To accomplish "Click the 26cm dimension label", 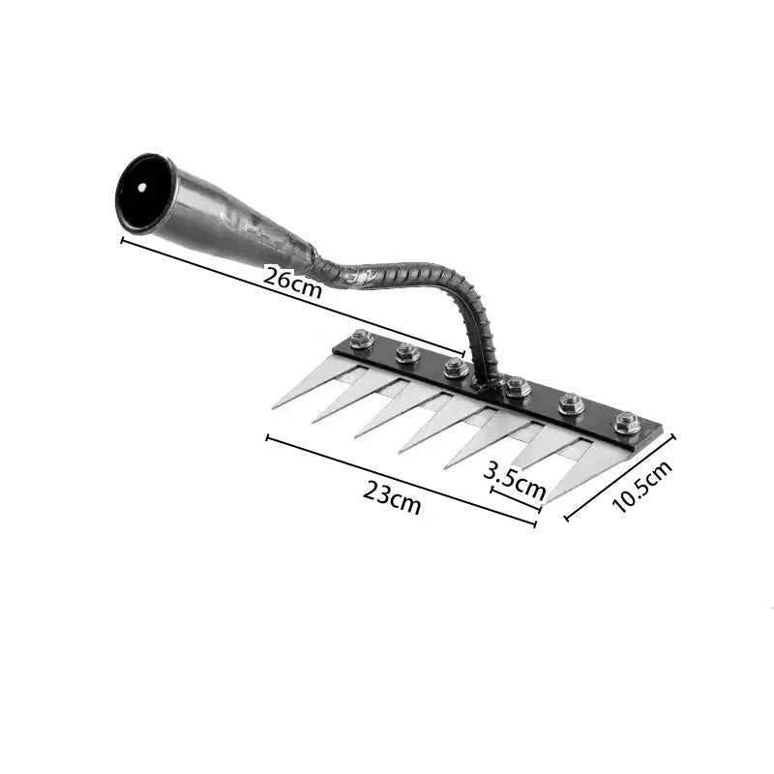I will [x=292, y=282].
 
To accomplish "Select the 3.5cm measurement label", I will [x=514, y=479].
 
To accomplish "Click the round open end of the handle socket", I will [x=144, y=193].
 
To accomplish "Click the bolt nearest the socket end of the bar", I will [x=363, y=340].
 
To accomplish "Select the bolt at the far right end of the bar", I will [x=626, y=423].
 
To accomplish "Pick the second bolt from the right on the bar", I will [x=571, y=403].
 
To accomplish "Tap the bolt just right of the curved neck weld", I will [x=517, y=387].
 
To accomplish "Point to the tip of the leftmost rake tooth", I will [x=274, y=406].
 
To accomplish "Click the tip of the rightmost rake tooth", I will [x=547, y=502].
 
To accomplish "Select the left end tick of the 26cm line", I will [x=123, y=239].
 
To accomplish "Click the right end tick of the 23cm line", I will [x=535, y=524].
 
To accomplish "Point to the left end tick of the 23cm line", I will [x=267, y=437].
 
